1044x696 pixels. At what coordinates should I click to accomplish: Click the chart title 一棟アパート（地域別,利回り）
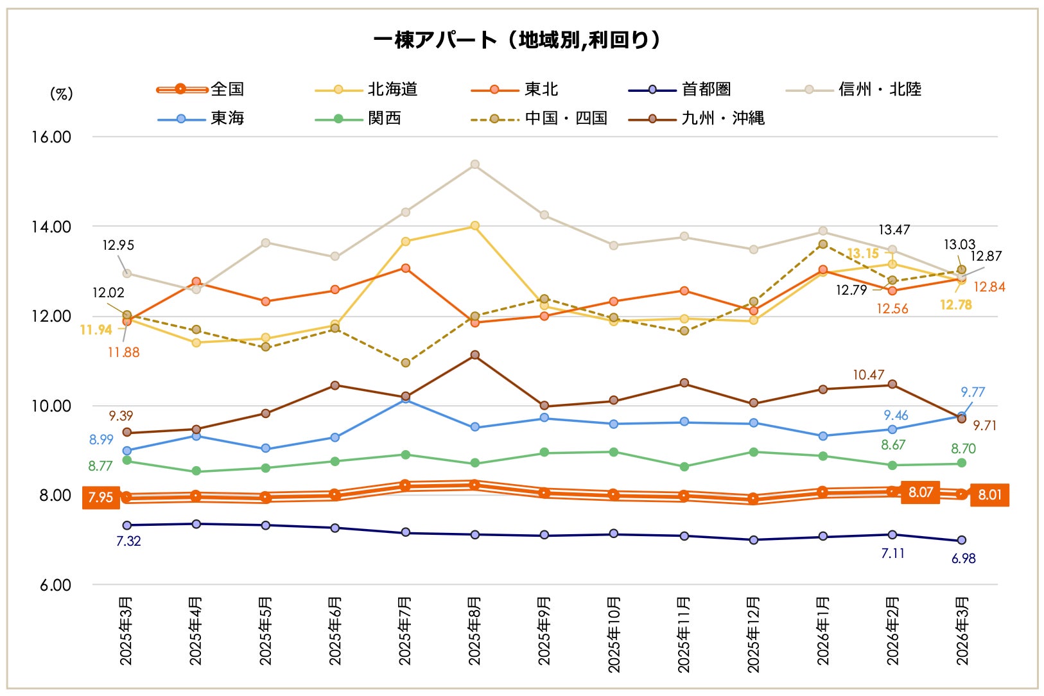tap(517, 40)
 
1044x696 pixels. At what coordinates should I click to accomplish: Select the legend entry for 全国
tap(201, 89)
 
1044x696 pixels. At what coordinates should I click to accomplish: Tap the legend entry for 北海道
tap(367, 89)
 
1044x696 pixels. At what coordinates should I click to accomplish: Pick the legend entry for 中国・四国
tap(539, 118)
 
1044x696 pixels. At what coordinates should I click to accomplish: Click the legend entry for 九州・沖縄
tap(697, 118)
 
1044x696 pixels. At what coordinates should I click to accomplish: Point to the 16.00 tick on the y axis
tap(51, 137)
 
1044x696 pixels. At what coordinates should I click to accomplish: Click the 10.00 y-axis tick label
tap(51, 406)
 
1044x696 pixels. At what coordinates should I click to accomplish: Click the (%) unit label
tap(61, 94)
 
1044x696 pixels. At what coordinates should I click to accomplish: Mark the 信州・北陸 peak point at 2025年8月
tap(474, 164)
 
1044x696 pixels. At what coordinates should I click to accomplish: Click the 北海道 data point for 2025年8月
tap(474, 226)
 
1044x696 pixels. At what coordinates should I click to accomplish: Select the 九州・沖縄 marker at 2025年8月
tap(474, 355)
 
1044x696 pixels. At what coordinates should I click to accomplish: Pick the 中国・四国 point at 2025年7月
tap(405, 363)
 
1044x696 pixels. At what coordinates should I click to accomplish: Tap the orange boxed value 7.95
tap(101, 497)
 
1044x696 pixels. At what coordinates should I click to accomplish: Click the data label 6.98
tap(963, 559)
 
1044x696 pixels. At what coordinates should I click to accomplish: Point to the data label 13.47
tap(894, 230)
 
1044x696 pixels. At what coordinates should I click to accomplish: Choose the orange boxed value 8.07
tap(920, 492)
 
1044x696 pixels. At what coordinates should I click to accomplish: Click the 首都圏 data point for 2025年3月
tap(126, 525)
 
